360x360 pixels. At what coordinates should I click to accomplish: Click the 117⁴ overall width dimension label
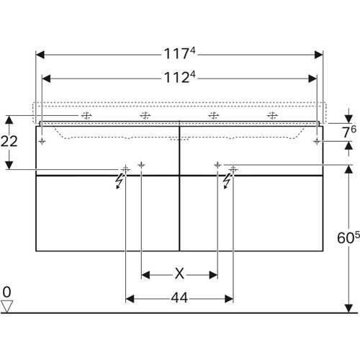coord(179,53)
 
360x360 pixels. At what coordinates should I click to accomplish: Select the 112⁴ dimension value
coord(179,76)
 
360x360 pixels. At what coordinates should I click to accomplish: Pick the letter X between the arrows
coord(179,274)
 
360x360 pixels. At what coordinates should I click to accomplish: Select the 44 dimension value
coord(179,297)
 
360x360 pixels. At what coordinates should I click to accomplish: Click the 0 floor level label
coord(7,292)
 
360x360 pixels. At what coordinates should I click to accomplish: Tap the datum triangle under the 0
coord(7,306)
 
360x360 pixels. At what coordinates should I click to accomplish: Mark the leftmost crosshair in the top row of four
coord(86,114)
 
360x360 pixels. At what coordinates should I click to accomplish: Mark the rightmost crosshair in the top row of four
coord(272,114)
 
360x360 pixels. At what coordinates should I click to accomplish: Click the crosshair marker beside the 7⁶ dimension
coord(315,143)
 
